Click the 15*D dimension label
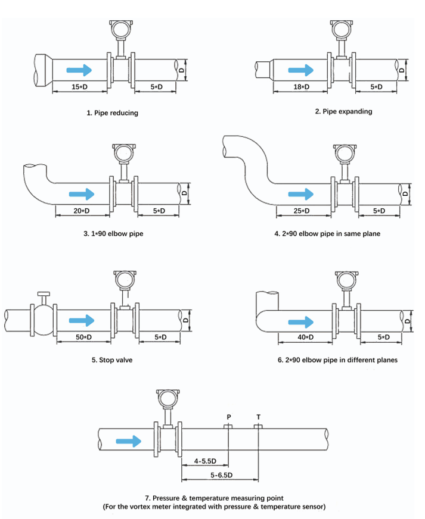(x=79, y=87)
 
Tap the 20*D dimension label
(x=82, y=211)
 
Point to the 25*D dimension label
(x=303, y=211)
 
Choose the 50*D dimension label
(x=83, y=337)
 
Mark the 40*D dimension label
(x=305, y=337)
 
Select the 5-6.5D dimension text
(x=221, y=474)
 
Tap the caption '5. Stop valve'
(x=113, y=360)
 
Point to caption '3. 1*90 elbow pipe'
(x=113, y=234)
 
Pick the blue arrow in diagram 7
(x=129, y=441)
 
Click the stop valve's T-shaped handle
(x=44, y=295)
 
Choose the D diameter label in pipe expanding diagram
(x=402, y=70)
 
